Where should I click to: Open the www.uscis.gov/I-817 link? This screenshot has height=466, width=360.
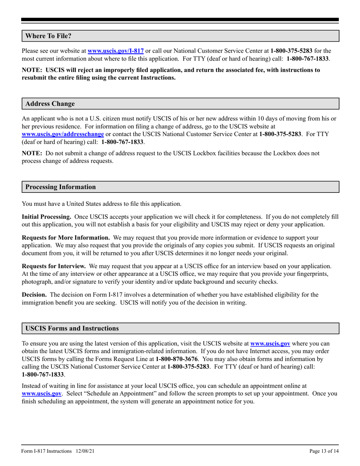pyautogui.click(x=116, y=50)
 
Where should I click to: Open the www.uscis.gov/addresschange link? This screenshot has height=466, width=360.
pyautogui.click(x=63, y=134)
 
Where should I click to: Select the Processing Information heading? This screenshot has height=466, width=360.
pyautogui.click(x=61, y=187)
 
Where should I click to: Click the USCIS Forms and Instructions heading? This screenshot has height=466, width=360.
pyautogui.click(x=72, y=328)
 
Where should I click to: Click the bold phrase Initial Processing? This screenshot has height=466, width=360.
pyautogui.click(x=47, y=217)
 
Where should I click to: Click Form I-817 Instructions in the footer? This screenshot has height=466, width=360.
pyautogui.click(x=47, y=451)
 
